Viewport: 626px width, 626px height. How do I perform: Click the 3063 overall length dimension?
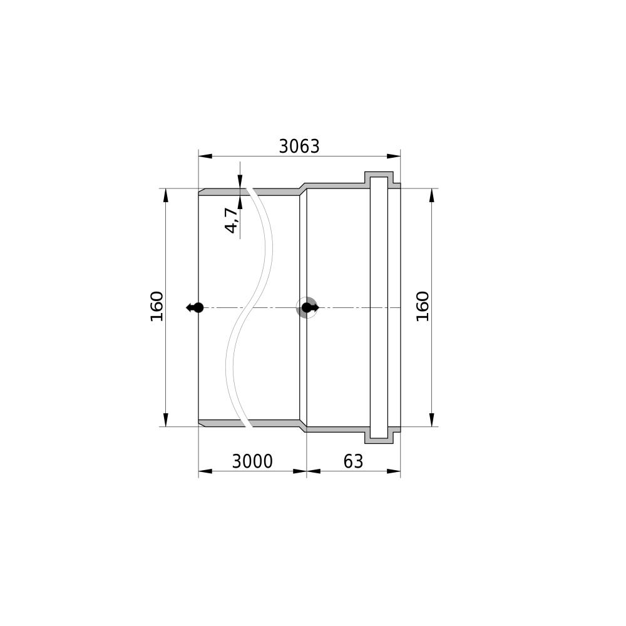pyautogui.click(x=299, y=146)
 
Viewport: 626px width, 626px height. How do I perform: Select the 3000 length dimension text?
pyautogui.click(x=252, y=461)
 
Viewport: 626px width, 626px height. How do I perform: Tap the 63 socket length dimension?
pyautogui.click(x=353, y=461)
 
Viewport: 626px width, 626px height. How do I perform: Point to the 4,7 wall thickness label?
pyautogui.click(x=232, y=220)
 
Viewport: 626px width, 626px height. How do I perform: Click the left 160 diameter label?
pyautogui.click(x=156, y=306)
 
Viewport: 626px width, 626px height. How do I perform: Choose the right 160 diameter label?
pyautogui.click(x=423, y=306)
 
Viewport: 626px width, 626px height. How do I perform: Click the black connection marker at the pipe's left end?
pyautogui.click(x=195, y=308)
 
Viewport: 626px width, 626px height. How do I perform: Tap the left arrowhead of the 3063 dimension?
pyautogui.click(x=205, y=156)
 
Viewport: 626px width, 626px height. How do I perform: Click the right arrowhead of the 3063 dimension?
pyautogui.click(x=394, y=156)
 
